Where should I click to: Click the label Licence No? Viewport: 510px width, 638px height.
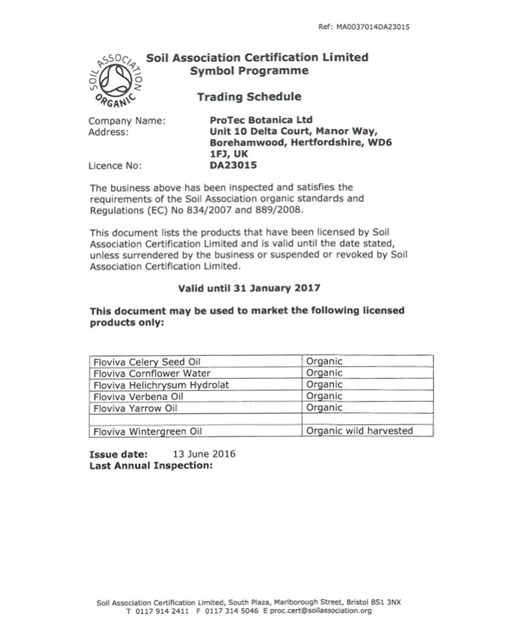pyautogui.click(x=115, y=165)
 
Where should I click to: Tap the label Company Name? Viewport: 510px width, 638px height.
pyautogui.click(x=127, y=121)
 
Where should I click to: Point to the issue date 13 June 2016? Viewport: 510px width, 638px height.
pyautogui.click(x=204, y=454)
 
